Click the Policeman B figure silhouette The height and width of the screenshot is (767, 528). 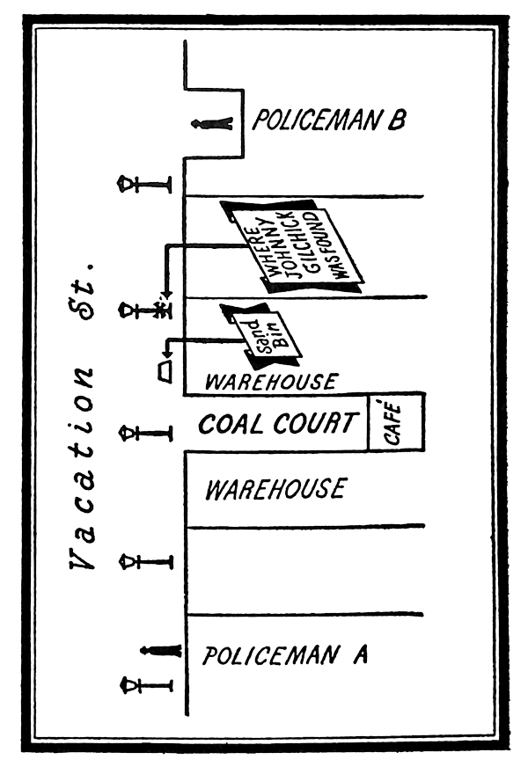coord(213,123)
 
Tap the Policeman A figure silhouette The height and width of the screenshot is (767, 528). coord(162,651)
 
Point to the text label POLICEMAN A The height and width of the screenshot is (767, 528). coord(285,655)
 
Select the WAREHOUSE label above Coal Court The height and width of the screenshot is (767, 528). coord(270,382)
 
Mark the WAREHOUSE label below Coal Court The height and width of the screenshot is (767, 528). coord(275,489)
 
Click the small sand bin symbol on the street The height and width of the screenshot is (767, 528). coord(165,373)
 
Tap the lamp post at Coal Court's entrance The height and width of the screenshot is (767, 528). coord(146,433)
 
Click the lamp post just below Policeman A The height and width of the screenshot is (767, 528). coord(146,683)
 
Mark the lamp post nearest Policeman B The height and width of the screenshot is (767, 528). coord(146,184)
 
